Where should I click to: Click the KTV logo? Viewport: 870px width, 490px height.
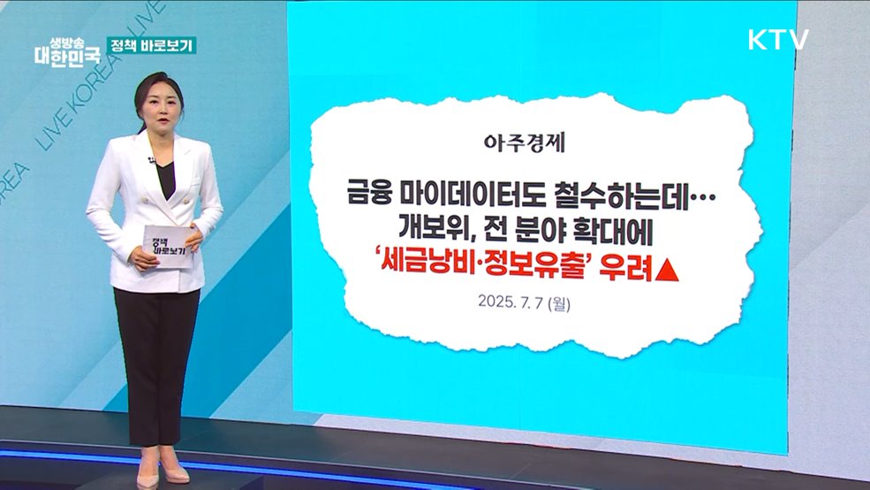coord(778,40)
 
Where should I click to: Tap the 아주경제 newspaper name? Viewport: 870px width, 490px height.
coord(525,142)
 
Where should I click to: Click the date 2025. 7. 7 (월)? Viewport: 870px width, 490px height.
coord(524,302)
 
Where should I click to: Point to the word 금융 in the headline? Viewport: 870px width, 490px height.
coord(369,194)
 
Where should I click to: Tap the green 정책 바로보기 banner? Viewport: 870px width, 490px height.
coord(151,46)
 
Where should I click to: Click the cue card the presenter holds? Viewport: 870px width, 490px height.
coord(168,246)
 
